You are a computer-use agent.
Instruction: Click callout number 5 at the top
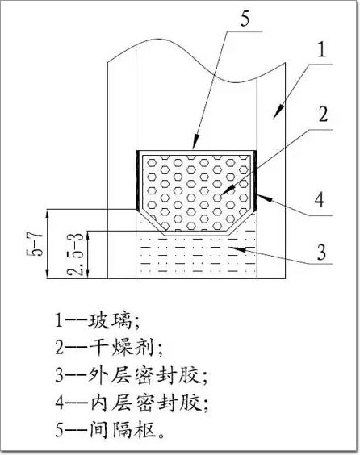pos(245,19)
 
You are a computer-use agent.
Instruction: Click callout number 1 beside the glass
pos(321,50)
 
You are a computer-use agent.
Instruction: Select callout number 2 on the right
pos(323,115)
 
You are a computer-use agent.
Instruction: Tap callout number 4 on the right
pos(320,199)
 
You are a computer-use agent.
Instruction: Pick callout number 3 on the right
pos(321,253)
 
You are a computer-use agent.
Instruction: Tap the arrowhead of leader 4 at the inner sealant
pos(264,198)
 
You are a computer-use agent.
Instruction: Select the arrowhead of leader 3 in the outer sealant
pos(238,248)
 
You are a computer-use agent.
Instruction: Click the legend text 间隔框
pos(121,429)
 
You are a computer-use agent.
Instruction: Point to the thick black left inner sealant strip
pos(137,180)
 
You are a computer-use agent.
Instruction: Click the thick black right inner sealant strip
pos(255,180)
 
